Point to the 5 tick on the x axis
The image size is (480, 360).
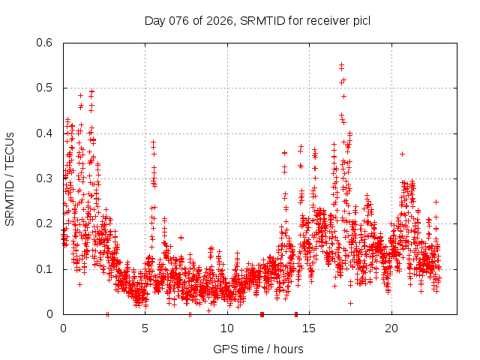point(145,328)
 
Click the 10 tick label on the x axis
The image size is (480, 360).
point(227,328)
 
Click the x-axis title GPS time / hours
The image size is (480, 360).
point(258,349)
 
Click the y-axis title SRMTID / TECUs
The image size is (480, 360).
point(10,178)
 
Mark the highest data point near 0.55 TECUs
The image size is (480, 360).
point(342,65)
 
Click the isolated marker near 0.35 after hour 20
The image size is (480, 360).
point(403,154)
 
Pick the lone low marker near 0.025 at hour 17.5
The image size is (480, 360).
point(350,303)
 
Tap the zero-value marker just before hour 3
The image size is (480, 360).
point(108,314)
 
